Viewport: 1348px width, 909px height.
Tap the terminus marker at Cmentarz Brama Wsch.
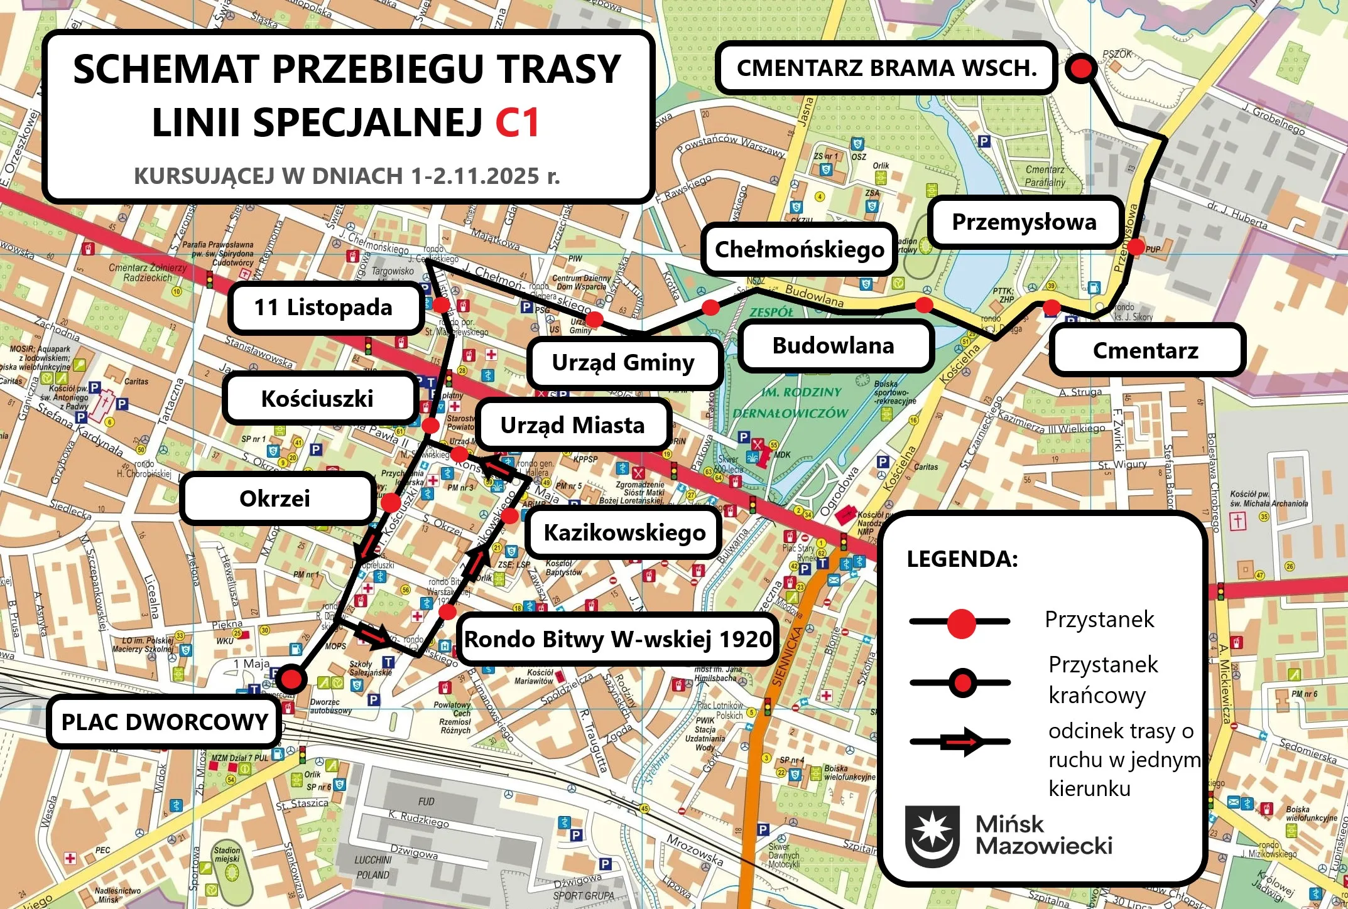point(1081,67)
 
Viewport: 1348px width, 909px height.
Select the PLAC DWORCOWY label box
point(165,722)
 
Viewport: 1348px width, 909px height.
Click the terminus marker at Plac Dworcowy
point(291,679)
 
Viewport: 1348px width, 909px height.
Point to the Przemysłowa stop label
point(1024,222)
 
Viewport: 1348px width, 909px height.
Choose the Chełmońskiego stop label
point(799,250)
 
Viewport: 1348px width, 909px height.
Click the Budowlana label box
point(833,346)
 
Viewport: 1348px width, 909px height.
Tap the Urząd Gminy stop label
point(623,362)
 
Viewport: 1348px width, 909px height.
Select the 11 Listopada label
point(323,308)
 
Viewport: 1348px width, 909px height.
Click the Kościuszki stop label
point(317,399)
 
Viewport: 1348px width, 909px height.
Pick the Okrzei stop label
point(274,498)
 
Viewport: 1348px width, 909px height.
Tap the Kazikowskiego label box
point(624,532)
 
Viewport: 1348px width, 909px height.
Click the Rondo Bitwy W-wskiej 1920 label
point(617,639)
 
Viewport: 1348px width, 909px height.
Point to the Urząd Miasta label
point(572,426)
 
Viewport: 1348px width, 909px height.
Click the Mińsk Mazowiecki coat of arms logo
point(932,836)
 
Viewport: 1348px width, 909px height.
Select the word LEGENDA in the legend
point(962,559)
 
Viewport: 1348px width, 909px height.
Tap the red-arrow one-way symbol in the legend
point(961,742)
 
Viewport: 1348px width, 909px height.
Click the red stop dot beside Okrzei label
point(391,502)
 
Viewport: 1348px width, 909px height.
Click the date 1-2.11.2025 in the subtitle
point(476,176)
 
